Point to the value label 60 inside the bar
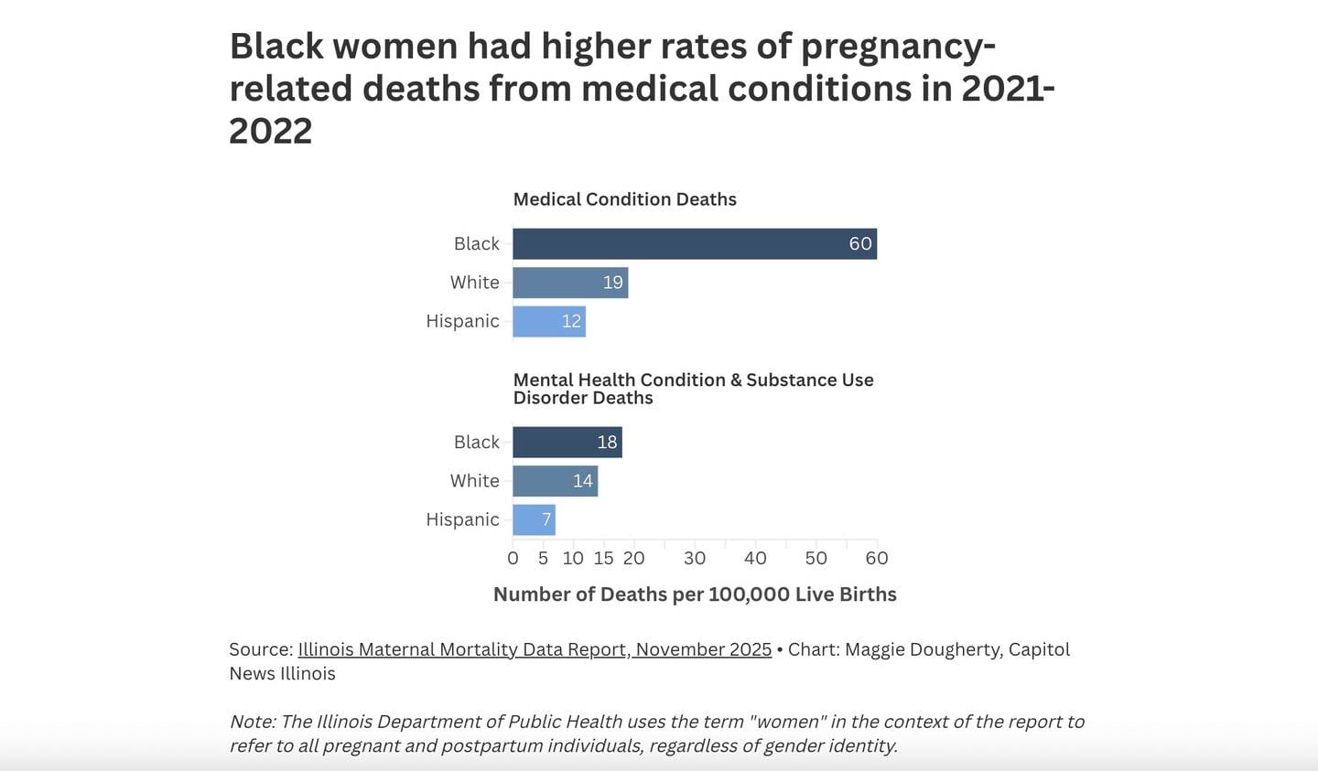859,244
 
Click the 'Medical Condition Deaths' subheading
624,199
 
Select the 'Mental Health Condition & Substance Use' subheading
693,380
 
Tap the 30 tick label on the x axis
695,558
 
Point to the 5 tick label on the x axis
543,558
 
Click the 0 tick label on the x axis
513,558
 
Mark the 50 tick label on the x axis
816,558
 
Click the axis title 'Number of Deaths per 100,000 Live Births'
695,594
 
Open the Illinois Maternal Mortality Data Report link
535,649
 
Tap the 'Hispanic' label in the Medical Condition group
462,321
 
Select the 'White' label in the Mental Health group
474,481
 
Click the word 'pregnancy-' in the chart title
897,47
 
